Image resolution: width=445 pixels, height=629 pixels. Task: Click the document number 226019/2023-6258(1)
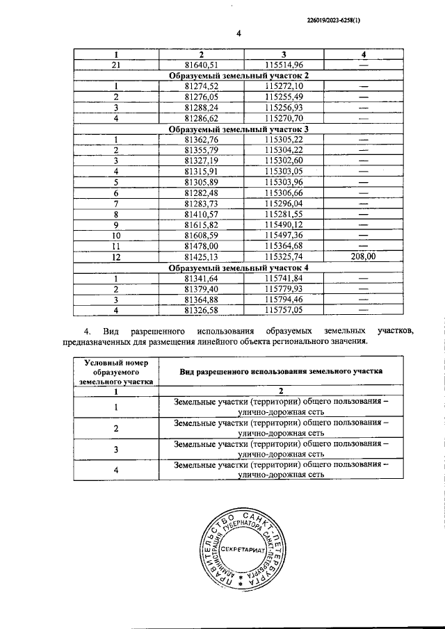(333, 22)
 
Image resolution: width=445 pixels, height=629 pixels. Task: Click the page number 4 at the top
(238, 33)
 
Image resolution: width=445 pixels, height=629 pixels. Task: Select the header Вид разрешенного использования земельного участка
(280, 371)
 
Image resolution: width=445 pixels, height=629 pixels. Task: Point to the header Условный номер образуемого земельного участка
(116, 372)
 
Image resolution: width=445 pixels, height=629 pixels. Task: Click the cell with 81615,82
(201, 224)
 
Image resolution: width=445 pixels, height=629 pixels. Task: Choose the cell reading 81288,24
(201, 107)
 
